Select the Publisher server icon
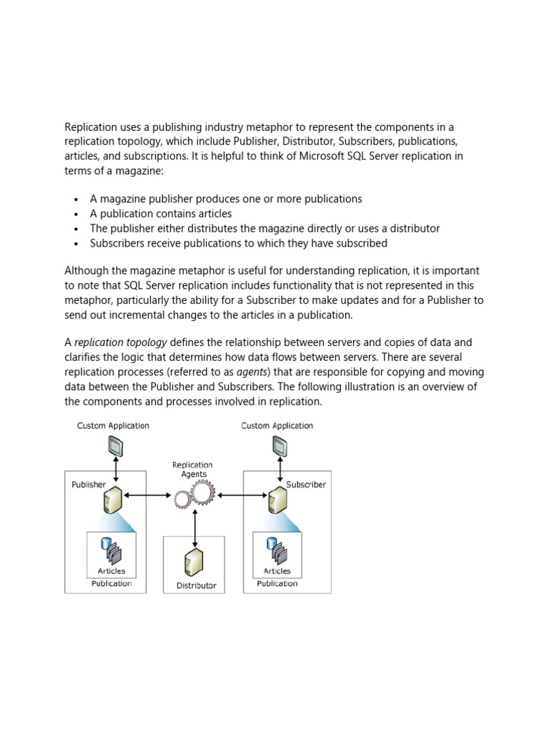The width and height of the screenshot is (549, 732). point(113,500)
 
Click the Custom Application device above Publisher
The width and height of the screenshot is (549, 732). point(113,446)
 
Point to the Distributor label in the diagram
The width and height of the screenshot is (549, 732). point(196,586)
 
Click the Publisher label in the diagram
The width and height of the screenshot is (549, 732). point(89,485)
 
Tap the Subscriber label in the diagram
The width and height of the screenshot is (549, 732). point(306,485)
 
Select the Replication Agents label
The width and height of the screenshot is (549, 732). point(193,470)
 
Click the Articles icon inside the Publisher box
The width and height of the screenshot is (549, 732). point(112,550)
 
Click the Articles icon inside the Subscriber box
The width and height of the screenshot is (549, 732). point(277,550)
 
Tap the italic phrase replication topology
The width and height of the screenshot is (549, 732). point(121,342)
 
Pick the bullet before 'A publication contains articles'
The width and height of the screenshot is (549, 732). point(76,214)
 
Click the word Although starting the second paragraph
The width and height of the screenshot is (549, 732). point(86,271)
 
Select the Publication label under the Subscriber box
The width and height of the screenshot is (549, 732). point(277,584)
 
